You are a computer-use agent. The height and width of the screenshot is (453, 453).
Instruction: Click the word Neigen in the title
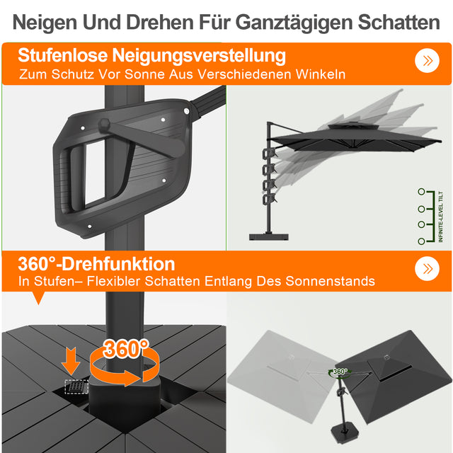coord(46,22)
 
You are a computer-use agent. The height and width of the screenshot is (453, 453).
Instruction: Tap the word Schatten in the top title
coord(397,22)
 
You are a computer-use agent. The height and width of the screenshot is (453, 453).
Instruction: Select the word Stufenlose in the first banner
coord(64,55)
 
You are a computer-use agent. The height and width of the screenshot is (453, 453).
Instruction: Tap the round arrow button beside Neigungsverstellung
coord(428,61)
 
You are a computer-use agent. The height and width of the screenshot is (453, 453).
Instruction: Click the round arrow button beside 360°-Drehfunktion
coord(428,269)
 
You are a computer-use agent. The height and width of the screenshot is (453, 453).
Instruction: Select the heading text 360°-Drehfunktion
coord(96,264)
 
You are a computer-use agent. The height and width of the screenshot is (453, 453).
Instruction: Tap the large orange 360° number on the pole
coord(126,348)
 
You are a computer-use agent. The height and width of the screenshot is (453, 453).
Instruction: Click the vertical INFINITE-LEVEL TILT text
coord(440,217)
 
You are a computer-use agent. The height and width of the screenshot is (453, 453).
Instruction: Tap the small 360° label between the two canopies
coord(340,371)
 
